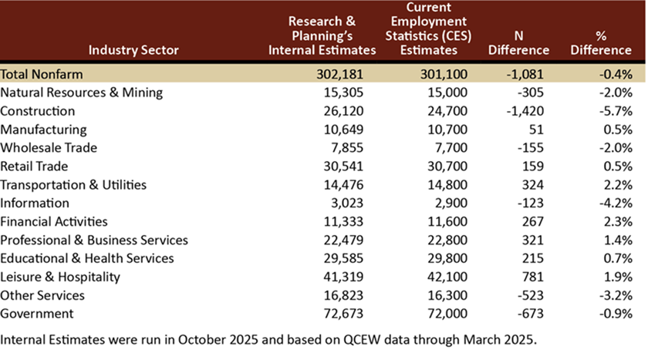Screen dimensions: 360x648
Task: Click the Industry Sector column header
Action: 133,50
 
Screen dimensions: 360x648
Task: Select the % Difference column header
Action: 602,43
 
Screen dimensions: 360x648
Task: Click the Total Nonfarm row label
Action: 41,74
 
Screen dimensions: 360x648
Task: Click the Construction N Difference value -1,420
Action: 526,111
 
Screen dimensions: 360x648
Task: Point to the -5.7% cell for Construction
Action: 615,111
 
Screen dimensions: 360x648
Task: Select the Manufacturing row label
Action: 43,130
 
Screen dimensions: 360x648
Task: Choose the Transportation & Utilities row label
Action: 73,185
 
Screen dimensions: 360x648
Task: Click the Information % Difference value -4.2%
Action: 615,204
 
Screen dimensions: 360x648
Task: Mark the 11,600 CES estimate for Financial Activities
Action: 437,222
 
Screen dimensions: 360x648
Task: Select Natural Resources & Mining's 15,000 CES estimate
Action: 437,93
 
